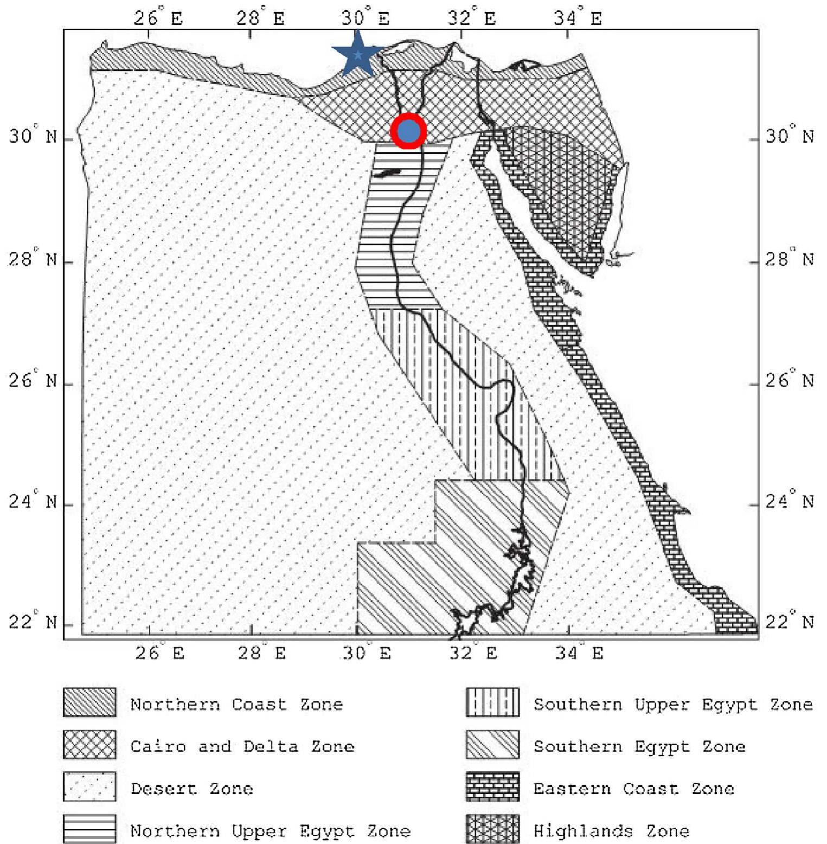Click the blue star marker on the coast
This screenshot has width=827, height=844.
tap(357, 55)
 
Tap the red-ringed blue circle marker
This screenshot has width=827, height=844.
tap(408, 131)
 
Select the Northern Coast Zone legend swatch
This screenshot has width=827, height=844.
tap(89, 702)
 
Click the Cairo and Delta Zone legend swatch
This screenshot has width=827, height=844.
tap(89, 744)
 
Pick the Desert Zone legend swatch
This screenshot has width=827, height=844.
tap(89, 787)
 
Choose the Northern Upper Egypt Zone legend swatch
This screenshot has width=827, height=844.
tap(89, 829)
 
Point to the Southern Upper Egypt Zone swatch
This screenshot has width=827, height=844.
tap(492, 702)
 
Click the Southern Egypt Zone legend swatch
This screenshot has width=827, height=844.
tap(492, 744)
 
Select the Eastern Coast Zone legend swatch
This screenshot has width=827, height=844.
tap(492, 787)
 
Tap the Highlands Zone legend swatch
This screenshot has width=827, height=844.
tap(492, 829)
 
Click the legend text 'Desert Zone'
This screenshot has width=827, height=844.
tap(191, 788)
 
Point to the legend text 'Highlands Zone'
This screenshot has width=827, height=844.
tap(611, 830)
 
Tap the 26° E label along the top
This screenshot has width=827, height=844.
tap(158, 18)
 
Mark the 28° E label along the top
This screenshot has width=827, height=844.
tap(260, 18)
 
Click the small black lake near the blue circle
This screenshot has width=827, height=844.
tap(387, 173)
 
